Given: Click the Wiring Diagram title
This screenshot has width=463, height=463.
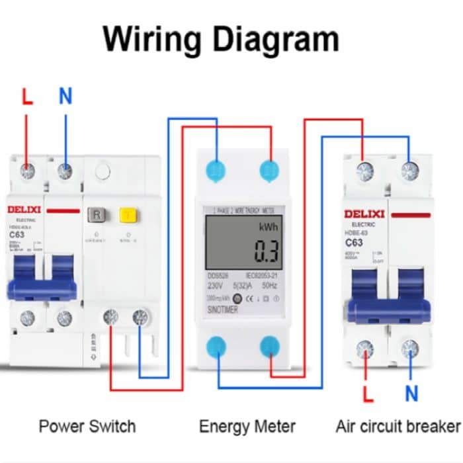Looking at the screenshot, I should pyautogui.click(x=221, y=39).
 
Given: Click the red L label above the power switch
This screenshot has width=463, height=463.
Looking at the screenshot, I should pyautogui.click(x=26, y=97).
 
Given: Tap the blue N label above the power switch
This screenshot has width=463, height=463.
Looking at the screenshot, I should pyautogui.click(x=65, y=97).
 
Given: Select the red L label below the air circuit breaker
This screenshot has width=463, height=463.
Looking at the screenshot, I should pyautogui.click(x=368, y=394).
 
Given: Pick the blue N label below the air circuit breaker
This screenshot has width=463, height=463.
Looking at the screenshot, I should pyautogui.click(x=411, y=394).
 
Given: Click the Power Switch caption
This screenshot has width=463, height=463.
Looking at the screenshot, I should pyautogui.click(x=87, y=426).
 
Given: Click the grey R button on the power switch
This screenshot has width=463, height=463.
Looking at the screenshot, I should pyautogui.click(x=97, y=215).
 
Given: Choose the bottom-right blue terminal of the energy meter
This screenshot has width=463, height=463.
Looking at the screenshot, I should pyautogui.click(x=271, y=346).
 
